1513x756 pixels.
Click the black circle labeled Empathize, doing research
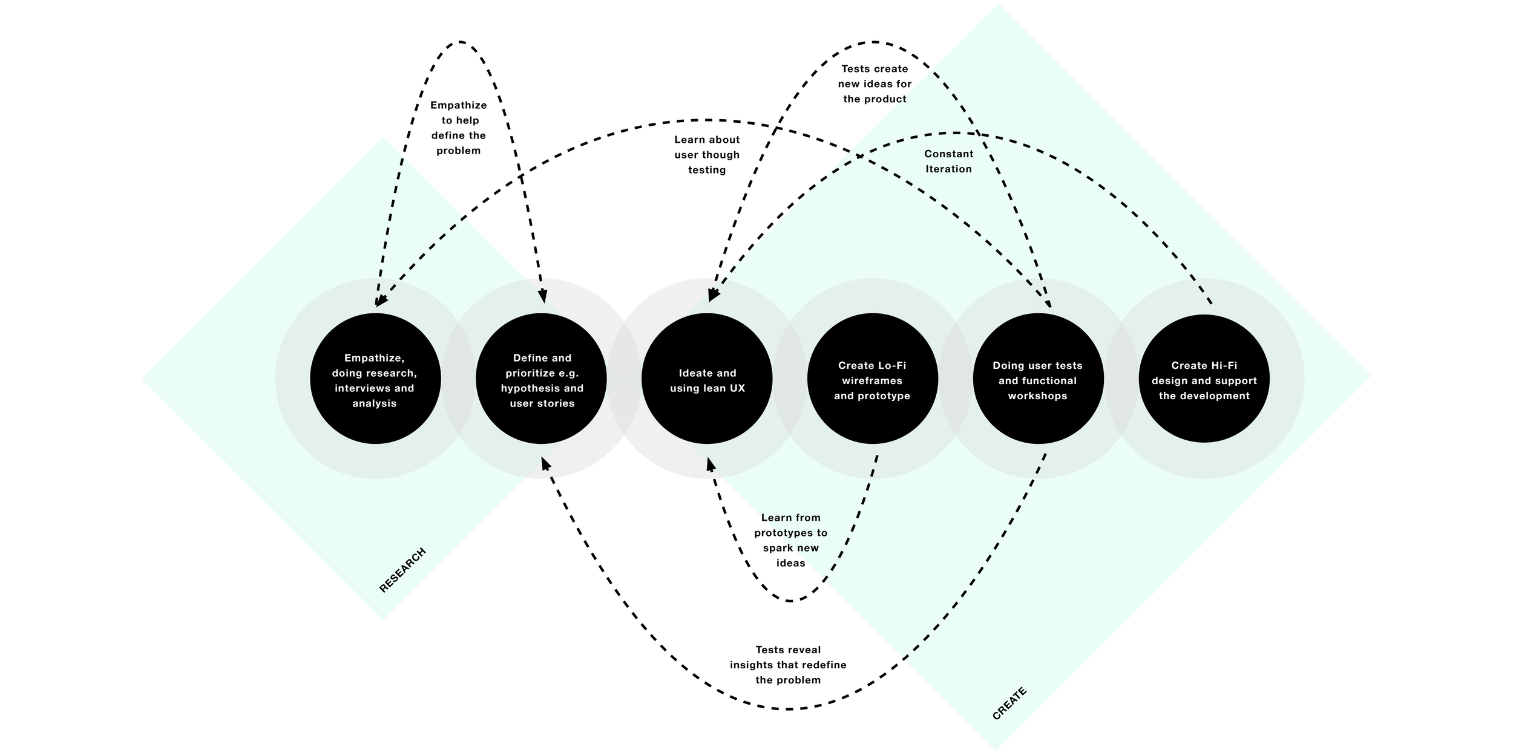point(375,379)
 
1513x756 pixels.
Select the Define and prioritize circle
point(541,379)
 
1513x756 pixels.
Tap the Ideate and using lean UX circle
point(707,379)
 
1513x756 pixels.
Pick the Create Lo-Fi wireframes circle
point(872,379)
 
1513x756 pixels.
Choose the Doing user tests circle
point(1038,379)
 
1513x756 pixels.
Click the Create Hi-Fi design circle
point(1204,379)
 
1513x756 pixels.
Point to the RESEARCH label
point(402,570)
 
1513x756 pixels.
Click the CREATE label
point(1009,703)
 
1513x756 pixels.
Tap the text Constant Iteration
point(948,161)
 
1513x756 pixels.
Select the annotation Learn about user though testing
point(707,155)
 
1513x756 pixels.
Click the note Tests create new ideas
point(875,84)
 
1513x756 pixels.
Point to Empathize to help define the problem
point(459,128)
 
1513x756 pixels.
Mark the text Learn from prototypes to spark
point(790,540)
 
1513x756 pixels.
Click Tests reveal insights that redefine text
point(788,665)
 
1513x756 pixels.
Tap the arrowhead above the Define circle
point(542,296)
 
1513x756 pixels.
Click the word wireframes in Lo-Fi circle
point(872,380)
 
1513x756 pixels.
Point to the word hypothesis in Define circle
point(523,388)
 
